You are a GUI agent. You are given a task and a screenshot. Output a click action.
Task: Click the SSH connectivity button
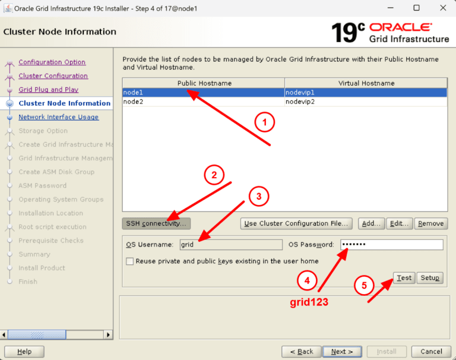click(x=156, y=223)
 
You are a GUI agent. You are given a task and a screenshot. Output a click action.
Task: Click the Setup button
click(x=429, y=278)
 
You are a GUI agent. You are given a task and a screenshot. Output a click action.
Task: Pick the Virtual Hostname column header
click(x=366, y=83)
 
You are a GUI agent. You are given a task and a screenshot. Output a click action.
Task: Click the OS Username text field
click(x=230, y=245)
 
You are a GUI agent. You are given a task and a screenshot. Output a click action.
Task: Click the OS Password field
click(x=391, y=245)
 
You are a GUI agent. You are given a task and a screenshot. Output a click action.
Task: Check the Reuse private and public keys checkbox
click(x=129, y=261)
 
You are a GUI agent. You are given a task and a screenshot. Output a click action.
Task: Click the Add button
click(x=371, y=223)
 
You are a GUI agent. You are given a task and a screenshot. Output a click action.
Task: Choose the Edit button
click(x=399, y=223)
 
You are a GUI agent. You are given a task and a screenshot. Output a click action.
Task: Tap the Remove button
click(x=430, y=223)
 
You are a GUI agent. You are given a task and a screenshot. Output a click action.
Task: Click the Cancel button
click(x=431, y=352)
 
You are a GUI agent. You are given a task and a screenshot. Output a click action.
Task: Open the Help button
click(x=24, y=352)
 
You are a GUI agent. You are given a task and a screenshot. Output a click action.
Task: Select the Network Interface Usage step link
click(x=58, y=117)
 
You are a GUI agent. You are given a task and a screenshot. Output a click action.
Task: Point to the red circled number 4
click(x=307, y=280)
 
